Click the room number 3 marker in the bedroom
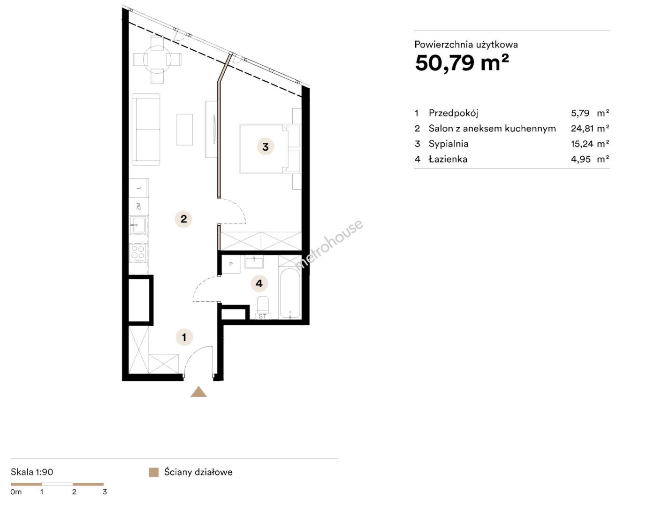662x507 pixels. (265, 147)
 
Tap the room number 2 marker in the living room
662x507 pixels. (183, 219)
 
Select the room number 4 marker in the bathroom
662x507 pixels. (259, 284)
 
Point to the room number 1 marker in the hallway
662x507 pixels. (184, 337)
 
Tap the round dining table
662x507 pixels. (157, 60)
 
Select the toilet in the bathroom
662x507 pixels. (263, 304)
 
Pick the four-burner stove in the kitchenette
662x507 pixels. (138, 253)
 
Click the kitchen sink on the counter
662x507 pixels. (138, 225)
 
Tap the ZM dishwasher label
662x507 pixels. (138, 206)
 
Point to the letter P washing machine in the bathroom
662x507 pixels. (231, 264)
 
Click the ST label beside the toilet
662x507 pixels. (262, 316)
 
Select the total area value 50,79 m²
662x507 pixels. (462, 63)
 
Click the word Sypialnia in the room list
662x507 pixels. (449, 144)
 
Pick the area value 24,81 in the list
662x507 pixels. (582, 129)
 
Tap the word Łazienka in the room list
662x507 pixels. (448, 159)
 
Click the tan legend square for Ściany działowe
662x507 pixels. (153, 472)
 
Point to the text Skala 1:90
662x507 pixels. (32, 472)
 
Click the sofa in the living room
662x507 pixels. (146, 130)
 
